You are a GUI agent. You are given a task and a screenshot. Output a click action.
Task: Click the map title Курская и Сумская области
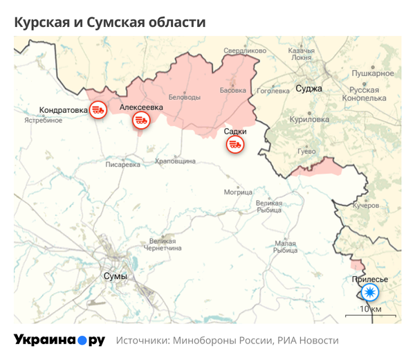click(x=110, y=22)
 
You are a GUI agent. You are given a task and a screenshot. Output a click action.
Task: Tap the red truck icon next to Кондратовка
click(x=98, y=109)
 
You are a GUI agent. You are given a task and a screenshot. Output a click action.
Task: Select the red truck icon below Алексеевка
click(x=140, y=120)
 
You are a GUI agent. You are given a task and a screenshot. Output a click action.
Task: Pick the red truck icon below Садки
click(x=235, y=144)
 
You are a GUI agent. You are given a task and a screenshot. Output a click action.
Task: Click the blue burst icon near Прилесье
click(x=370, y=292)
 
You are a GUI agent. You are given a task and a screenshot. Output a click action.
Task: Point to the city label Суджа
click(x=308, y=89)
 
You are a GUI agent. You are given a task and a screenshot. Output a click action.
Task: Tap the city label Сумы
click(x=114, y=276)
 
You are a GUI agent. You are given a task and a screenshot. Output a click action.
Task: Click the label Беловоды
click(x=185, y=98)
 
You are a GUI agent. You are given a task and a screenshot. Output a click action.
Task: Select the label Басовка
click(x=232, y=90)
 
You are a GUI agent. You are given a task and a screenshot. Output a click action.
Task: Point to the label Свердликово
click(x=245, y=51)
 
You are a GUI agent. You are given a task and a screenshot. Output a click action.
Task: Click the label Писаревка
click(x=122, y=165)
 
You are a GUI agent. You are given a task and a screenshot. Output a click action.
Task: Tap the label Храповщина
click(x=175, y=161)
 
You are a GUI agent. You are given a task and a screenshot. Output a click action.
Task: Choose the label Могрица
click(x=238, y=192)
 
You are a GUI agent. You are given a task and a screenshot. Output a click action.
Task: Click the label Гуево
click(x=306, y=151)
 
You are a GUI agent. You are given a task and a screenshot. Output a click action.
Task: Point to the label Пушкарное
click(x=373, y=73)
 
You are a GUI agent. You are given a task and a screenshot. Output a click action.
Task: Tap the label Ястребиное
click(x=44, y=120)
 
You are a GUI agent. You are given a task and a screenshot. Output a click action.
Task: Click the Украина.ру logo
click(x=59, y=340)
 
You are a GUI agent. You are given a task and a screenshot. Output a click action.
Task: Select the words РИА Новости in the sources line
click(x=308, y=341)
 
